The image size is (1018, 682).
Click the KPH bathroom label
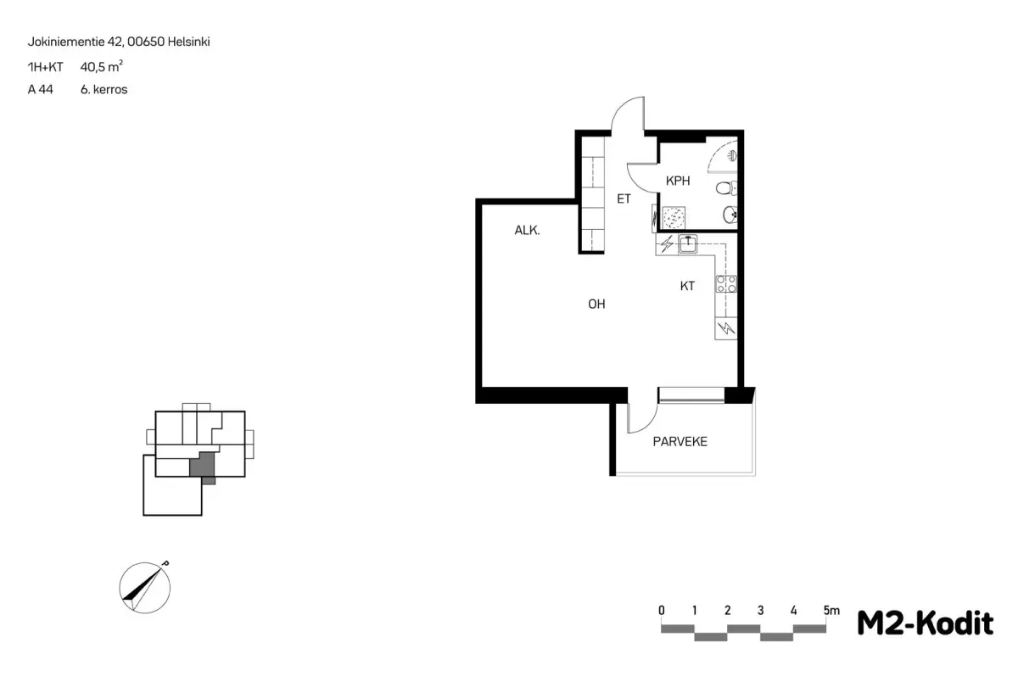click(678, 181)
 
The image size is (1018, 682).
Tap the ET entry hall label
click(624, 198)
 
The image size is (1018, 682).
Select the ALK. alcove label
click(527, 231)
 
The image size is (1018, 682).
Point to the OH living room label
click(596, 304)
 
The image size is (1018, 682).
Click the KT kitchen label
click(687, 286)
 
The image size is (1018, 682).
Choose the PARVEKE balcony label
click(680, 442)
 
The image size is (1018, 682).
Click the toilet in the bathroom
click(726, 187)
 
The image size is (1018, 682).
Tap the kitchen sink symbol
click(688, 244)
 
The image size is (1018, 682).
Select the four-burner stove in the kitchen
click(726, 284)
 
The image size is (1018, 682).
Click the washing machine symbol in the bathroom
click(674, 217)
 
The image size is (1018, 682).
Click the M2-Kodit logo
click(925, 623)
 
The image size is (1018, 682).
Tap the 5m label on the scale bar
click(831, 610)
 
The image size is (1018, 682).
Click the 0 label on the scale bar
click(662, 610)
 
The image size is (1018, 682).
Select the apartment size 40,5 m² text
click(101, 67)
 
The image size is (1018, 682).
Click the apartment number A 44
click(41, 90)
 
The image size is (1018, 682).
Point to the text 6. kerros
click(103, 90)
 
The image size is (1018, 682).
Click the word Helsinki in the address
click(188, 42)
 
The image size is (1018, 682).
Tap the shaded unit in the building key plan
click(202, 467)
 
